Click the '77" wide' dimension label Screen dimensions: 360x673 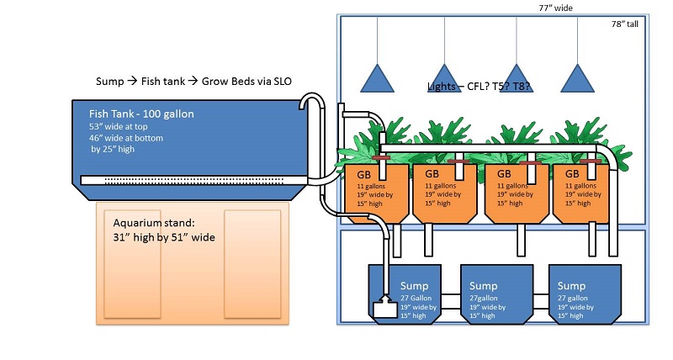(557, 8)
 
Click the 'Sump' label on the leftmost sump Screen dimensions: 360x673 (414, 286)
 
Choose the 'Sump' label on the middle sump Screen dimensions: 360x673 (483, 286)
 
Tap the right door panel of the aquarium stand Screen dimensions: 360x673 (252, 262)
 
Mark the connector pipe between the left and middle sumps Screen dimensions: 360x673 (448, 298)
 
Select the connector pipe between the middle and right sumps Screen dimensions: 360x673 (530, 298)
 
